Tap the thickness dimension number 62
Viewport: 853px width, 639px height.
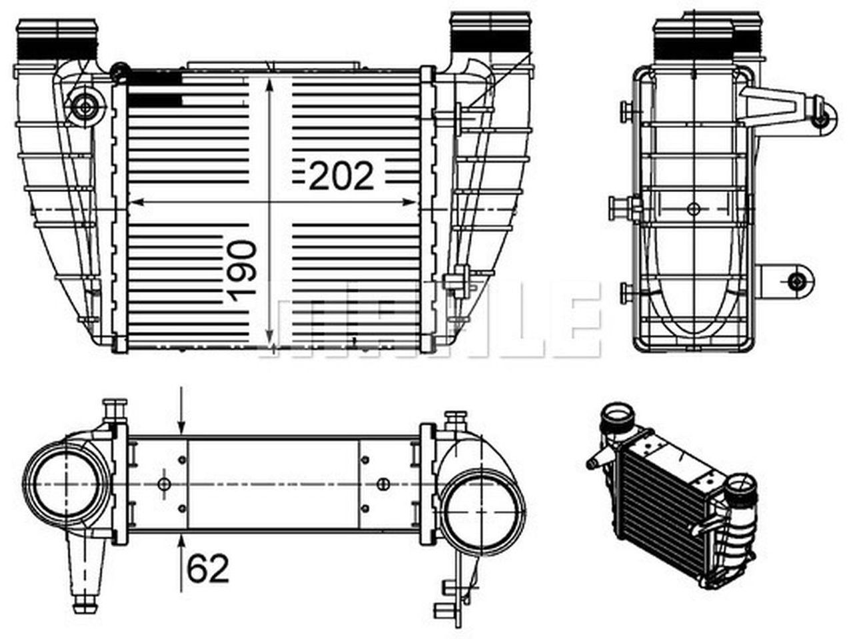point(208,568)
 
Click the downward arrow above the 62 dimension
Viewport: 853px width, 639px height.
point(183,426)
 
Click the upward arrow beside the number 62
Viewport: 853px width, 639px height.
point(183,544)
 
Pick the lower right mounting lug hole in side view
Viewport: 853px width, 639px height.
point(796,281)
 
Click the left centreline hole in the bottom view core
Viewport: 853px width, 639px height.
point(165,484)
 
